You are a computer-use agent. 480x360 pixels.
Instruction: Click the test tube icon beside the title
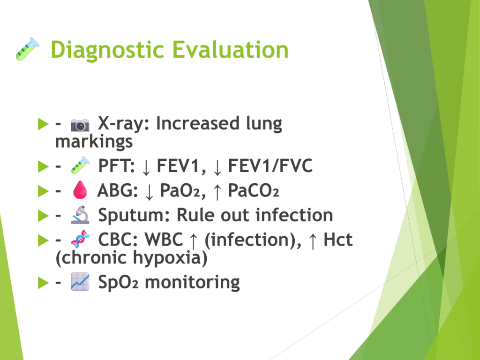click(x=28, y=49)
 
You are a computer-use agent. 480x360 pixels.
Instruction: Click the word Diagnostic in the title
click(x=107, y=50)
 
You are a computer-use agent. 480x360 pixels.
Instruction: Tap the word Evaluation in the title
click(x=231, y=50)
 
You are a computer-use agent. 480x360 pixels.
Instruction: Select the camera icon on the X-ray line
click(x=80, y=125)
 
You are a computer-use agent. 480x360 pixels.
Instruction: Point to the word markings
click(x=94, y=142)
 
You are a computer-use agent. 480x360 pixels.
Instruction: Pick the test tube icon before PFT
click(x=80, y=165)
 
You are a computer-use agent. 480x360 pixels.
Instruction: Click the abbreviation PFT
click(x=116, y=165)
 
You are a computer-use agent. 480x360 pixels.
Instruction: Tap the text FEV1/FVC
click(x=270, y=165)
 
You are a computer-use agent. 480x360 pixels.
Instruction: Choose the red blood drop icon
click(x=80, y=190)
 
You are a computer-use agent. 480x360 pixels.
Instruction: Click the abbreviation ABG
click(x=118, y=190)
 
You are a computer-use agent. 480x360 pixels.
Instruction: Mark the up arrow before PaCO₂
click(x=217, y=191)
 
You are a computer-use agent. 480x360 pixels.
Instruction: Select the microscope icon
click(x=80, y=215)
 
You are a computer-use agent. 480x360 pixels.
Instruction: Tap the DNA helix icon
click(x=80, y=239)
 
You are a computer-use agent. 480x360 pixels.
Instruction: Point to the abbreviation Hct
click(x=338, y=239)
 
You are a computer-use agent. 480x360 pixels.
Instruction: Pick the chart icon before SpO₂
click(x=80, y=282)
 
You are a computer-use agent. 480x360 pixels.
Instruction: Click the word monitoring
click(x=192, y=282)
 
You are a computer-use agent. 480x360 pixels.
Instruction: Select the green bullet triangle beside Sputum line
click(x=43, y=216)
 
